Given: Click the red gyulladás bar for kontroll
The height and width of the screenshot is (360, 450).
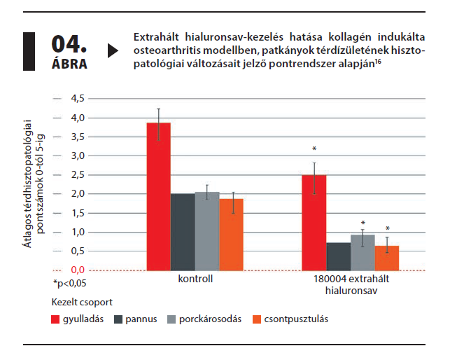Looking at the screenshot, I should coord(158,196).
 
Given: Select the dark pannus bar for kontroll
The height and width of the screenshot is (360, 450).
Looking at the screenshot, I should coord(183,232).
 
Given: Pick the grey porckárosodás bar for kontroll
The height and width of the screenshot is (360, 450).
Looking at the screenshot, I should coord(207,231).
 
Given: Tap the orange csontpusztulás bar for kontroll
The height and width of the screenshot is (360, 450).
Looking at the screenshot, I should coord(231,235).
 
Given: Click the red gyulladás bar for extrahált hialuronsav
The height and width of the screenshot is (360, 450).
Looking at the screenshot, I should coord(314,223).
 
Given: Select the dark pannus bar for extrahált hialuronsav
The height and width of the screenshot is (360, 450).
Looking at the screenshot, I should coord(338,256).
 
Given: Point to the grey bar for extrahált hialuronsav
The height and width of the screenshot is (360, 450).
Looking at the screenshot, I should coord(363,252).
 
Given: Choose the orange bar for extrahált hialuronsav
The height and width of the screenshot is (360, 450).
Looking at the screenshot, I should coord(387,258).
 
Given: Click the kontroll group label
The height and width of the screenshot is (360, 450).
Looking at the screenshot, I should coord(195,278).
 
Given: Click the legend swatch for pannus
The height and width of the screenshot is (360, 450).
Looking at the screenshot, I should coord(119,319).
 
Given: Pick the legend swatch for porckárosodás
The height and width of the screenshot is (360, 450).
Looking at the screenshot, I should coord(171,319).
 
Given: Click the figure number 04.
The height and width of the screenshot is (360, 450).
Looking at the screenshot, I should coord(68,44).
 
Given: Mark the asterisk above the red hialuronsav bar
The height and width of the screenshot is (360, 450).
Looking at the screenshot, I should coord(315,149).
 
